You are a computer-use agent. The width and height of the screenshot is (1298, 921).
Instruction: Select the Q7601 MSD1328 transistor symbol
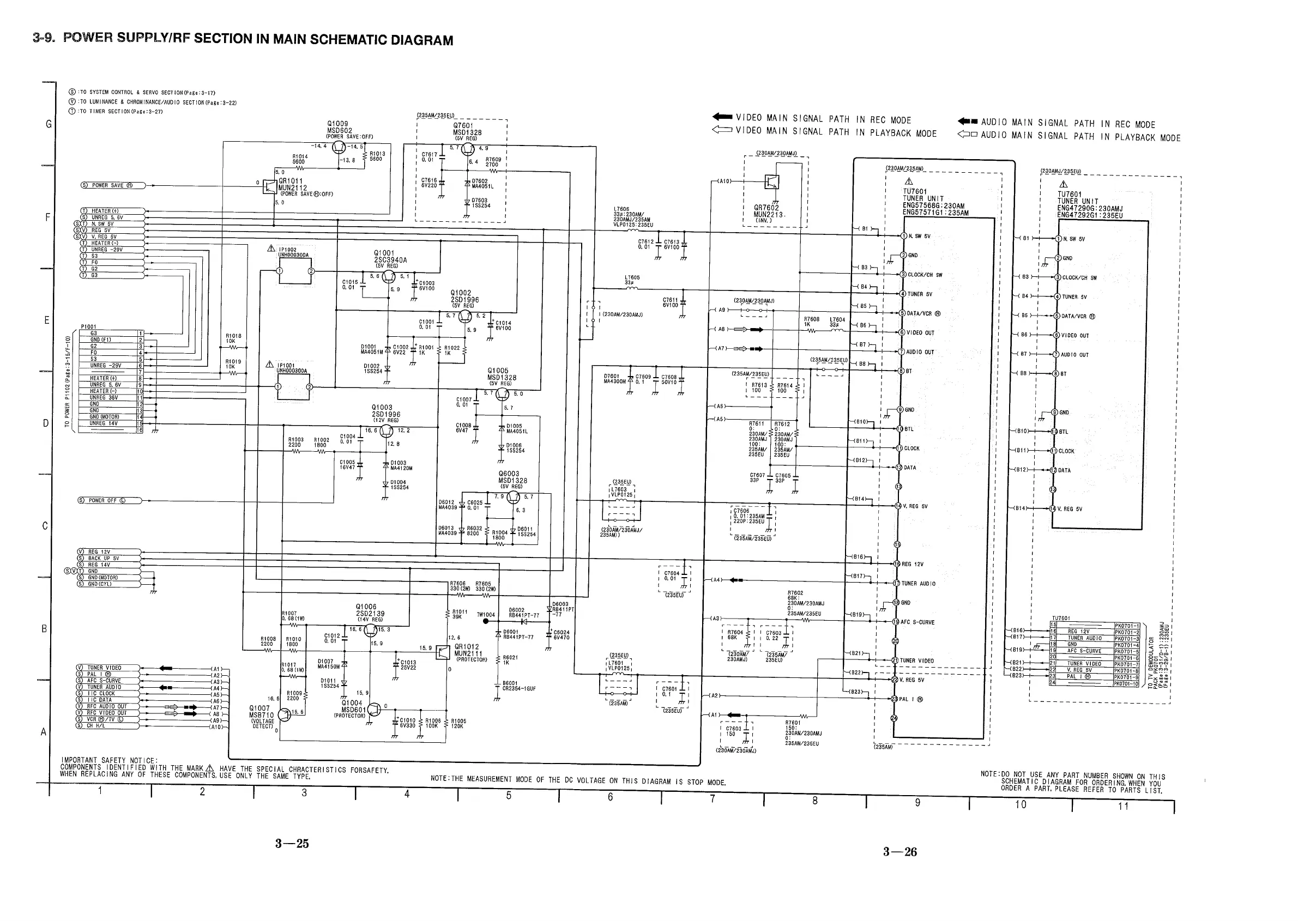468,149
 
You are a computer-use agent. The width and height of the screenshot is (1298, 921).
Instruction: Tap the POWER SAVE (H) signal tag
112,185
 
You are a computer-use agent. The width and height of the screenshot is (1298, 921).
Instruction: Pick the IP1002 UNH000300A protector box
294,271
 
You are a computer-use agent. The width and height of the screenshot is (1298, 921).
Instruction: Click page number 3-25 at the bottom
292,844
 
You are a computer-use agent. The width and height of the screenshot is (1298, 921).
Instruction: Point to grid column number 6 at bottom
611,797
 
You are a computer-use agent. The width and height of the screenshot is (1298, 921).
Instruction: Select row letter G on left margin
49,124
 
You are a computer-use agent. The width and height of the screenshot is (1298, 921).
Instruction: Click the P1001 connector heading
88,326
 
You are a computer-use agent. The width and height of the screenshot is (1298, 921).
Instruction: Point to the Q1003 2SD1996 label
386,411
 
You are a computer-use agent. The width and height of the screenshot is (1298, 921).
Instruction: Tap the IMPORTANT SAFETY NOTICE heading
110,760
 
